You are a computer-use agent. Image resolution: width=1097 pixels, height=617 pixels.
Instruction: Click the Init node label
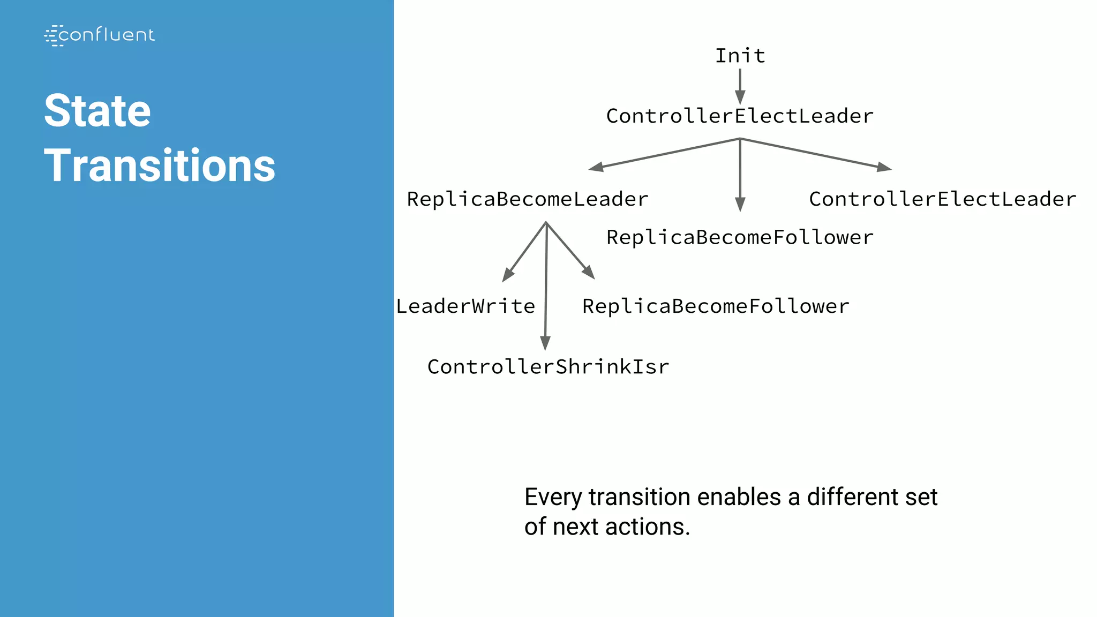(x=740, y=56)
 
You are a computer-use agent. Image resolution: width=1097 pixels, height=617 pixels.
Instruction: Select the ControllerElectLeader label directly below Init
(x=740, y=116)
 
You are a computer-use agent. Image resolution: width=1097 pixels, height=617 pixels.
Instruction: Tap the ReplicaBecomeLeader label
(x=528, y=199)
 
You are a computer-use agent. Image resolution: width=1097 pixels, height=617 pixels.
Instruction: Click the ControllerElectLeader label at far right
(x=942, y=199)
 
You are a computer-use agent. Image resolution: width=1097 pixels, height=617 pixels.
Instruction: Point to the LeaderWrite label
(x=465, y=306)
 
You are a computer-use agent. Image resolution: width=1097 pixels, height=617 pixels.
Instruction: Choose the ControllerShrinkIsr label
(x=548, y=367)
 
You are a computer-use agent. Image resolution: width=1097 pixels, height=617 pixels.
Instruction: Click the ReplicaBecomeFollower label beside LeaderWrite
(x=716, y=306)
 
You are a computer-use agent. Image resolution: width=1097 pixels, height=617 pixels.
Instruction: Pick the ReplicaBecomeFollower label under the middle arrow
(x=740, y=238)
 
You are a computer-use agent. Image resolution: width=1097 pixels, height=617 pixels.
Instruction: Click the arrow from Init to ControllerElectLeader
(x=740, y=86)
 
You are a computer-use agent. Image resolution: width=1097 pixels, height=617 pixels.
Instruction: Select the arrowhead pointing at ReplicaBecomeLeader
(x=596, y=167)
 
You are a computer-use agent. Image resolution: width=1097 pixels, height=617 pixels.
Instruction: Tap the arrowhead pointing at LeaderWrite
(x=507, y=275)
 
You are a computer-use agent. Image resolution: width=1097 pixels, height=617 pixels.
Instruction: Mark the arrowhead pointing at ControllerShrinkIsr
(x=545, y=343)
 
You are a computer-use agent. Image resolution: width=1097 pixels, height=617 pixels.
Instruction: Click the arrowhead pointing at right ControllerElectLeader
(x=884, y=167)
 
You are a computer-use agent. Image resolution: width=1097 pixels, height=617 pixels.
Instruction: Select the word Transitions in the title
(x=160, y=165)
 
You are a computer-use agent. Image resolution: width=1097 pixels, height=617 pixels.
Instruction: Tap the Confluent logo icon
(x=53, y=35)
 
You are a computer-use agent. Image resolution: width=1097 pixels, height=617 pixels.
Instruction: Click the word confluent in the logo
(x=107, y=35)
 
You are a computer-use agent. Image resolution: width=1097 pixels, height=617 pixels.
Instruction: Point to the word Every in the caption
(x=553, y=498)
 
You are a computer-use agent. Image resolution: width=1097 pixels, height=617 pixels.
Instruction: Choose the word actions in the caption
(x=648, y=527)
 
